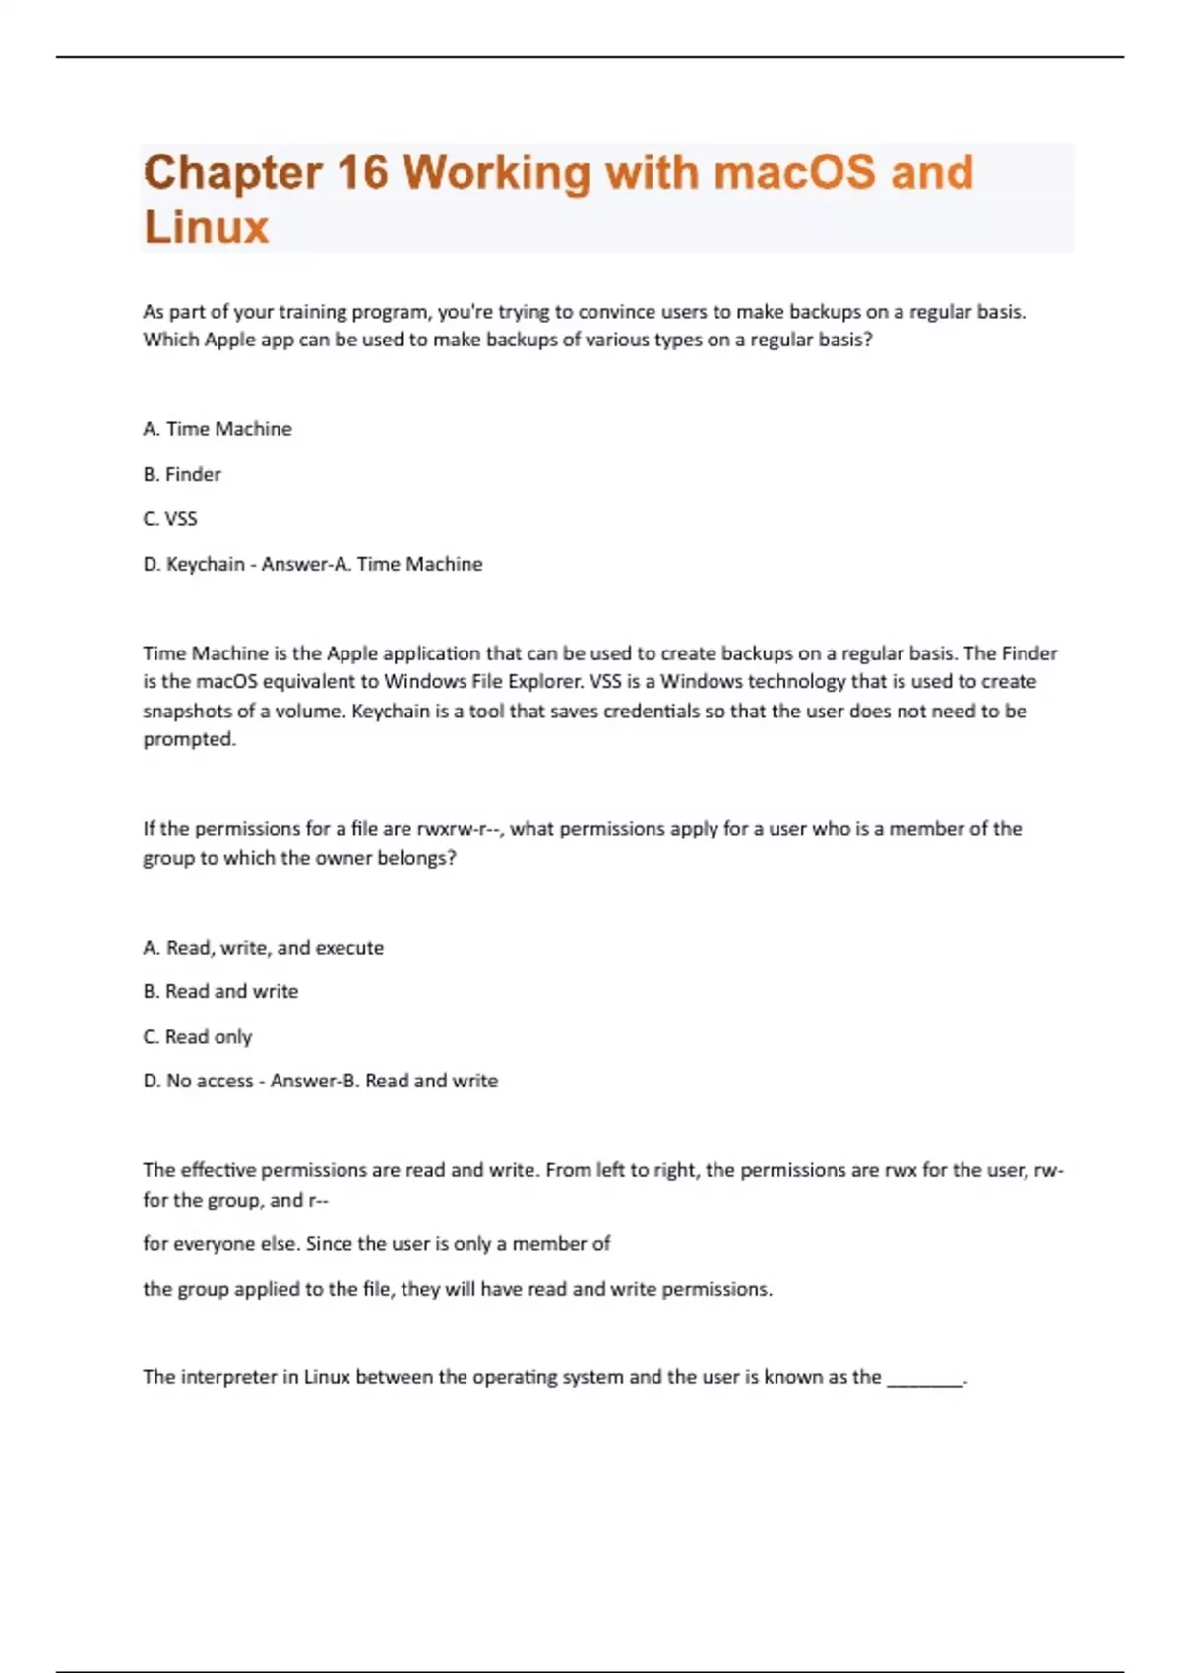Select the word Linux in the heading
[206, 227]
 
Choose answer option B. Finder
[182, 474]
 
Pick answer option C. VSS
[170, 519]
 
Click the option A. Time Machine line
[218, 429]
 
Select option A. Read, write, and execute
[263, 948]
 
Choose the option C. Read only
[198, 1036]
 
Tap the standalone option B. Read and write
[220, 992]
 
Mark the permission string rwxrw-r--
[461, 829]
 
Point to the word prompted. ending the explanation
[190, 739]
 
